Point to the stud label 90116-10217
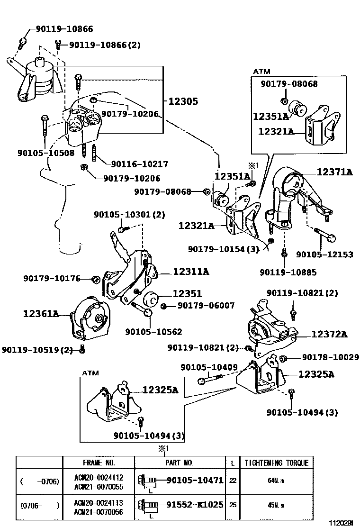(x=139, y=164)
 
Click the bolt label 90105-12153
(x=324, y=254)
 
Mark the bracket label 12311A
(x=191, y=272)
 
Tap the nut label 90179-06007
(x=206, y=306)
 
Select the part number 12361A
(x=41, y=313)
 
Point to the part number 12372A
(x=329, y=335)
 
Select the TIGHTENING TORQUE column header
(x=276, y=463)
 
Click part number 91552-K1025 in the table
(x=194, y=505)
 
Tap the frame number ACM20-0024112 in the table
(x=99, y=477)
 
